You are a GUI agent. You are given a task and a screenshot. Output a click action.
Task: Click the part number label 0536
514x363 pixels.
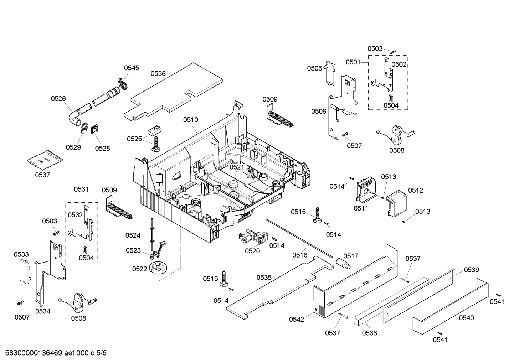158,74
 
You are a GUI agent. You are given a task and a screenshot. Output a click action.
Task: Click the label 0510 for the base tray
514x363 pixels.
191,120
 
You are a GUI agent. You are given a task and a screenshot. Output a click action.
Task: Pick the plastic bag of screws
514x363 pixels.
45,159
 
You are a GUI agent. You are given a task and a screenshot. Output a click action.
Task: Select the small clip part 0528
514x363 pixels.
95,130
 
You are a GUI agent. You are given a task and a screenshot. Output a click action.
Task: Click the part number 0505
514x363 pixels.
315,68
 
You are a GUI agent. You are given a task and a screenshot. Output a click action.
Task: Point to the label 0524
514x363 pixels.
133,235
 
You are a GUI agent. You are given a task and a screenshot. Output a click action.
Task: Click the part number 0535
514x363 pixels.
264,277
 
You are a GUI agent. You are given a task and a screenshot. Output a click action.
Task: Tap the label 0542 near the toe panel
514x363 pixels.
297,319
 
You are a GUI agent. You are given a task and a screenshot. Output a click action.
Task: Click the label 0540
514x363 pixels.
466,318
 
